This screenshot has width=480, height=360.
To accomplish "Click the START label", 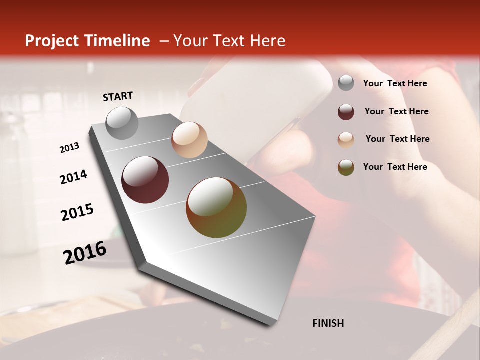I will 118,96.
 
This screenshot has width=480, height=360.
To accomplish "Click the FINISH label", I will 328,323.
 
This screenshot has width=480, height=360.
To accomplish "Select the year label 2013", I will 69,148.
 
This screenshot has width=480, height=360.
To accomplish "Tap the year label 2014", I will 73,177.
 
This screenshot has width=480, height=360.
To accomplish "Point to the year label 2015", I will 77,212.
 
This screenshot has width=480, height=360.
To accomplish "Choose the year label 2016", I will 85,253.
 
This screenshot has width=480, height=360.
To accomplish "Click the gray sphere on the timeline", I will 122,123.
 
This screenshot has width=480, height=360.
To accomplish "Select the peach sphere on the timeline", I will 189,140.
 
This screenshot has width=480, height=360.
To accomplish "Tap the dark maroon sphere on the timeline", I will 145,180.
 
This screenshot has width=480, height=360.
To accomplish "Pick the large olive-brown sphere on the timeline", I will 216,207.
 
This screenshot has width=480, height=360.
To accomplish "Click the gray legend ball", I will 346,83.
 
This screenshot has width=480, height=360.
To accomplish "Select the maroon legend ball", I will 346,112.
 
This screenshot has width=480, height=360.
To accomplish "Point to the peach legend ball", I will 346,140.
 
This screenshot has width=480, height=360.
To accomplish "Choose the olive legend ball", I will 346,167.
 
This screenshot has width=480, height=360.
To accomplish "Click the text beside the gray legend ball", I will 395,84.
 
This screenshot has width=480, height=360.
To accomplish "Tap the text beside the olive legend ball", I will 395,167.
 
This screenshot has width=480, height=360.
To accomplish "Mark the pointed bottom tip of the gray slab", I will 270,325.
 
